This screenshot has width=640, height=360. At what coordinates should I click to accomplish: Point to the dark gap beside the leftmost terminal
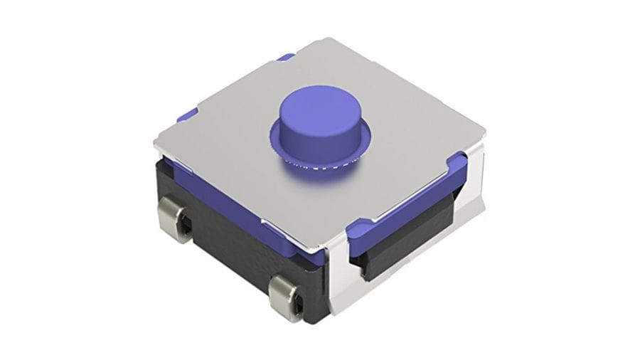[186, 226]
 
